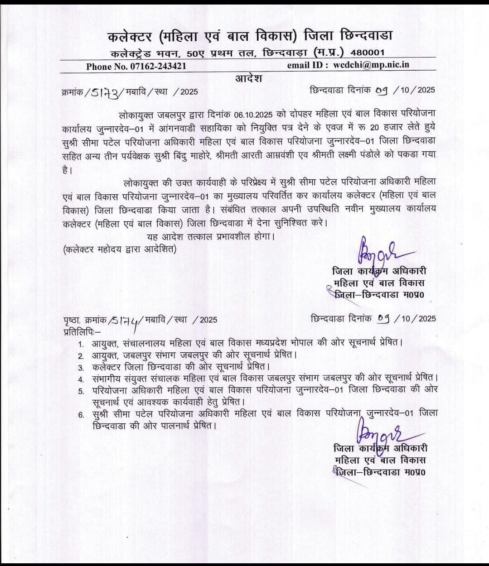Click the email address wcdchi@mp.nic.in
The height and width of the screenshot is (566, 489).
371,65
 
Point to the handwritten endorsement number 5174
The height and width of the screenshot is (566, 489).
128,319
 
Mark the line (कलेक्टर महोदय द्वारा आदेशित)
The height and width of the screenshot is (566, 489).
120,249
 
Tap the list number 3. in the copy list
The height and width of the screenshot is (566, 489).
82,367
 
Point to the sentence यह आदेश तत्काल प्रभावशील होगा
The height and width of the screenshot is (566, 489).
211,236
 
